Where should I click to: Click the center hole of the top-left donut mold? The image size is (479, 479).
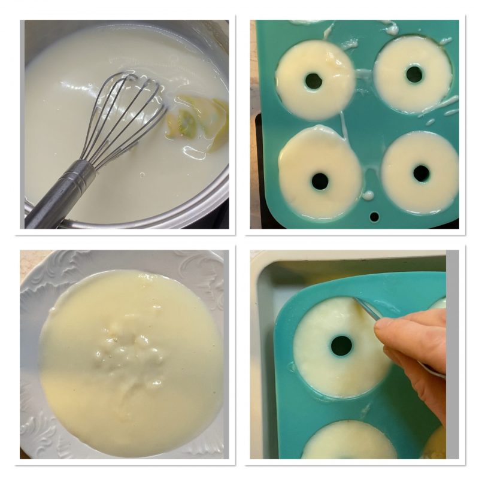[x=313, y=81]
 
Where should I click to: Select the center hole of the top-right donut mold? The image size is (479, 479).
[x=414, y=74]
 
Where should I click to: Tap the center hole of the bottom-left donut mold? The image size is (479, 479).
[x=320, y=181]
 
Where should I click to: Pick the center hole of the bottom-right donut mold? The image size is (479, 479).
[x=422, y=174]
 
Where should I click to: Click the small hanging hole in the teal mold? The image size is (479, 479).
[x=374, y=217]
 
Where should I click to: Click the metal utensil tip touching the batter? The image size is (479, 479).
[x=362, y=306]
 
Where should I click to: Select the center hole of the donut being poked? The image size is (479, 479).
[x=341, y=345]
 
